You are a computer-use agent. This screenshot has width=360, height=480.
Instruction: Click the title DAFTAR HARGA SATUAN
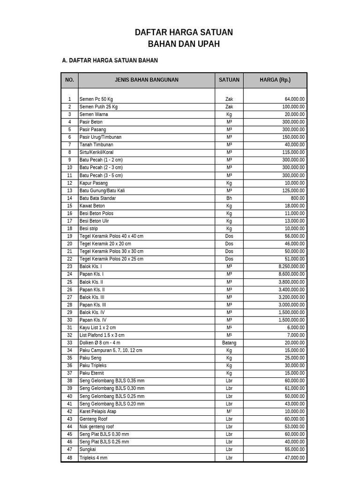[184, 32]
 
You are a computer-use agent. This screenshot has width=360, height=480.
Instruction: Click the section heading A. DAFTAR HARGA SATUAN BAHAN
[110, 60]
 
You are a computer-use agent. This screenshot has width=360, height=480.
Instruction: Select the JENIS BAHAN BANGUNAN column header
[146, 80]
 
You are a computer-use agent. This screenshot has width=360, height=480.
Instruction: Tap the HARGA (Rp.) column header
[275, 80]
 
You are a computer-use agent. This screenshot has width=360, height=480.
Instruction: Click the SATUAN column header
[229, 80]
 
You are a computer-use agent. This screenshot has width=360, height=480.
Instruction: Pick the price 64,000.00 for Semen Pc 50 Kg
[294, 99]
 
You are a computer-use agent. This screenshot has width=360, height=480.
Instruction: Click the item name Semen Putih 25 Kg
[98, 107]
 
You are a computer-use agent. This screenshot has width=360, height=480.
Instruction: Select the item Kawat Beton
[92, 206]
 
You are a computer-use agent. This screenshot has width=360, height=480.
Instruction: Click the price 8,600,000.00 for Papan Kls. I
[292, 274]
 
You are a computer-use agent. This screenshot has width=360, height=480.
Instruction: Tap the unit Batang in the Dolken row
[229, 343]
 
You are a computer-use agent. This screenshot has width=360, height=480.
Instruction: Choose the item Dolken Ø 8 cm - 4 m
[100, 343]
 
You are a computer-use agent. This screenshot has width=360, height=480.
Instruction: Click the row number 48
[69, 457]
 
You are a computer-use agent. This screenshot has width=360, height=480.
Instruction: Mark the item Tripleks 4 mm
[93, 457]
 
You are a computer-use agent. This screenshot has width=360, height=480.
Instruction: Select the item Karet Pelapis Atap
[98, 412]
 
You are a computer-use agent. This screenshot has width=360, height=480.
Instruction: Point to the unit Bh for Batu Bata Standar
[229, 198]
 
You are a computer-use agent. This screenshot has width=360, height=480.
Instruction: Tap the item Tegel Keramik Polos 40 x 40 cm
[112, 236]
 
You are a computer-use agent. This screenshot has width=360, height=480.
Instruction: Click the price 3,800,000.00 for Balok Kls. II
[292, 282]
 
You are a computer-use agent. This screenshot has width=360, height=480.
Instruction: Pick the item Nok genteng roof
[97, 427]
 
